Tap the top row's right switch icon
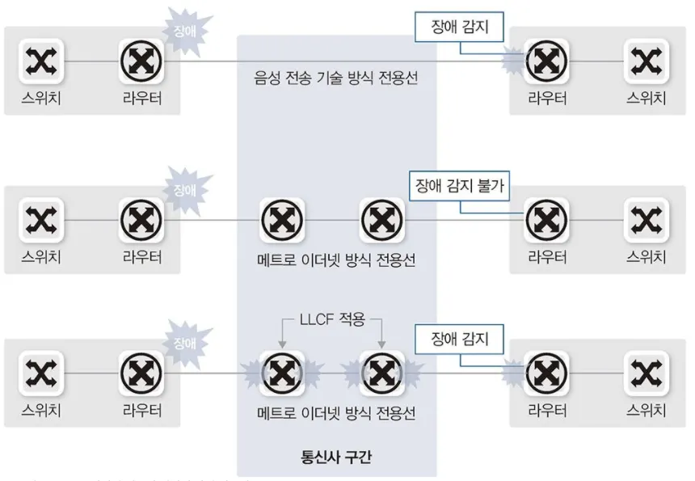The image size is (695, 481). click(647, 61)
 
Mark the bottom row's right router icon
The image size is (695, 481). click(546, 372)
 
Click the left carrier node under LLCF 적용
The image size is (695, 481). click(282, 372)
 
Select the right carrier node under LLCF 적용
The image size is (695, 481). click(381, 372)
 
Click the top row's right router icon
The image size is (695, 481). click(546, 61)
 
